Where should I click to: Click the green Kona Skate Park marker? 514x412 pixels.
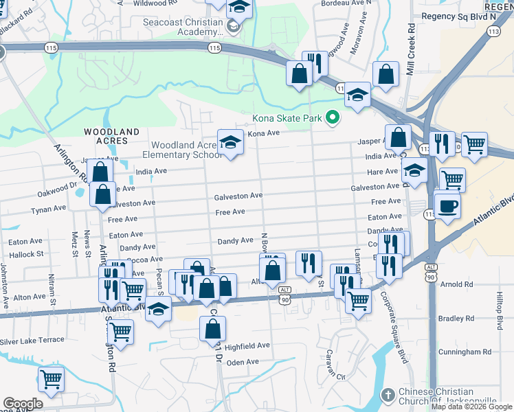333,118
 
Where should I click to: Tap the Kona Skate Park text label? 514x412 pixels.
287,119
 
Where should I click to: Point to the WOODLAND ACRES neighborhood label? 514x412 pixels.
112,135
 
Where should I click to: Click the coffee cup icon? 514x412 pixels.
447,205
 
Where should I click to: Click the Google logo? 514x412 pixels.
22,404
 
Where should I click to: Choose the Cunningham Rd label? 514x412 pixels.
467,352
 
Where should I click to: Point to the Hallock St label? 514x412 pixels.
25,254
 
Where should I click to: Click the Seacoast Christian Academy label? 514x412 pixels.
182,27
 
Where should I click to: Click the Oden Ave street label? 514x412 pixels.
243,362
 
